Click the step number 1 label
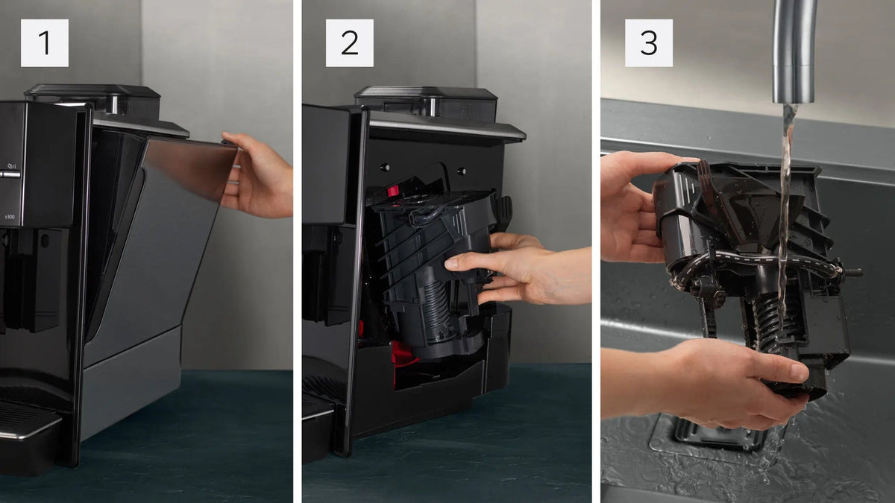(x=44, y=42)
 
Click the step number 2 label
(x=349, y=42)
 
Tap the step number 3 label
(x=648, y=42)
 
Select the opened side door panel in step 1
(x=172, y=224)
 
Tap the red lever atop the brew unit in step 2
(x=392, y=191)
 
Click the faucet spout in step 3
(x=794, y=52)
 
